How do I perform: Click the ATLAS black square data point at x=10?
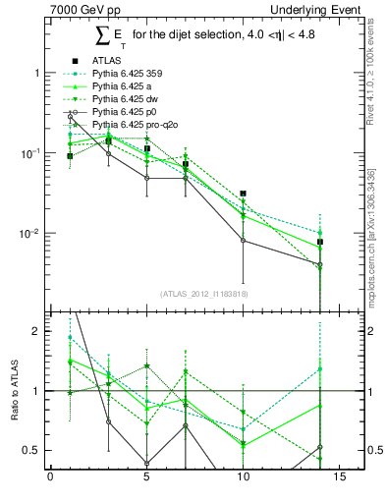click(243, 194)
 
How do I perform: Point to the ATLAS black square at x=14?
click(319, 242)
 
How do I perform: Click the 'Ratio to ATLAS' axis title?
click(14, 390)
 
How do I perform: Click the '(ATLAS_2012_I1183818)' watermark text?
click(203, 294)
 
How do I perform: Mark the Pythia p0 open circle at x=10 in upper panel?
click(243, 241)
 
